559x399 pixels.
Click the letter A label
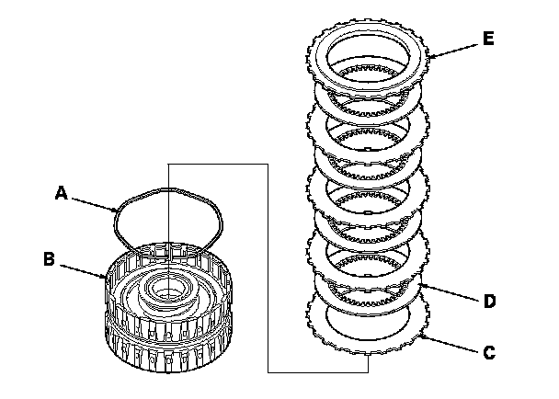[x=61, y=193]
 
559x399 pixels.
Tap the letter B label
[x=49, y=258]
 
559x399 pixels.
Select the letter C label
[x=489, y=351]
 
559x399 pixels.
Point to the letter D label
[x=490, y=301]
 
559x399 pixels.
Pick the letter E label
[x=487, y=39]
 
